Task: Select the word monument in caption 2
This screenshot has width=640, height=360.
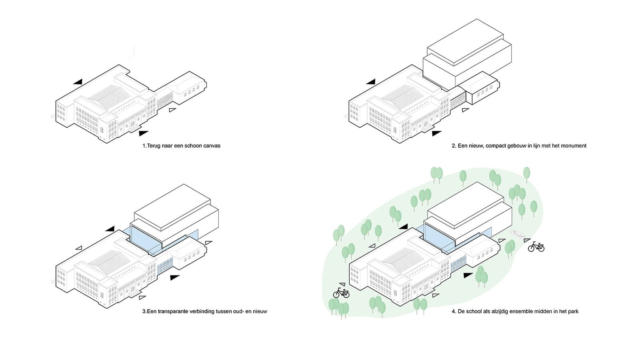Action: [x=573, y=146]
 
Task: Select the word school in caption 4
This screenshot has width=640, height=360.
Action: [x=478, y=311]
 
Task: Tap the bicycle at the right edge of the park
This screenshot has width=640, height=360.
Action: [x=536, y=247]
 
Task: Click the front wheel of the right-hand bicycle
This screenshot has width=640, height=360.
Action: [x=540, y=248]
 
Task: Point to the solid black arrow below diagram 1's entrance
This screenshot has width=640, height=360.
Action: [x=143, y=133]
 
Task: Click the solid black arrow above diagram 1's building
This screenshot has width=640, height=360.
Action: [x=78, y=82]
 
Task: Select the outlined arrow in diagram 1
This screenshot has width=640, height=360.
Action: [x=172, y=110]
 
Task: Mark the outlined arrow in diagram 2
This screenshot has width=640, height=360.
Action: [x=465, y=110]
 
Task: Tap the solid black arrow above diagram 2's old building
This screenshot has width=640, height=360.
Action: [x=371, y=82]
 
